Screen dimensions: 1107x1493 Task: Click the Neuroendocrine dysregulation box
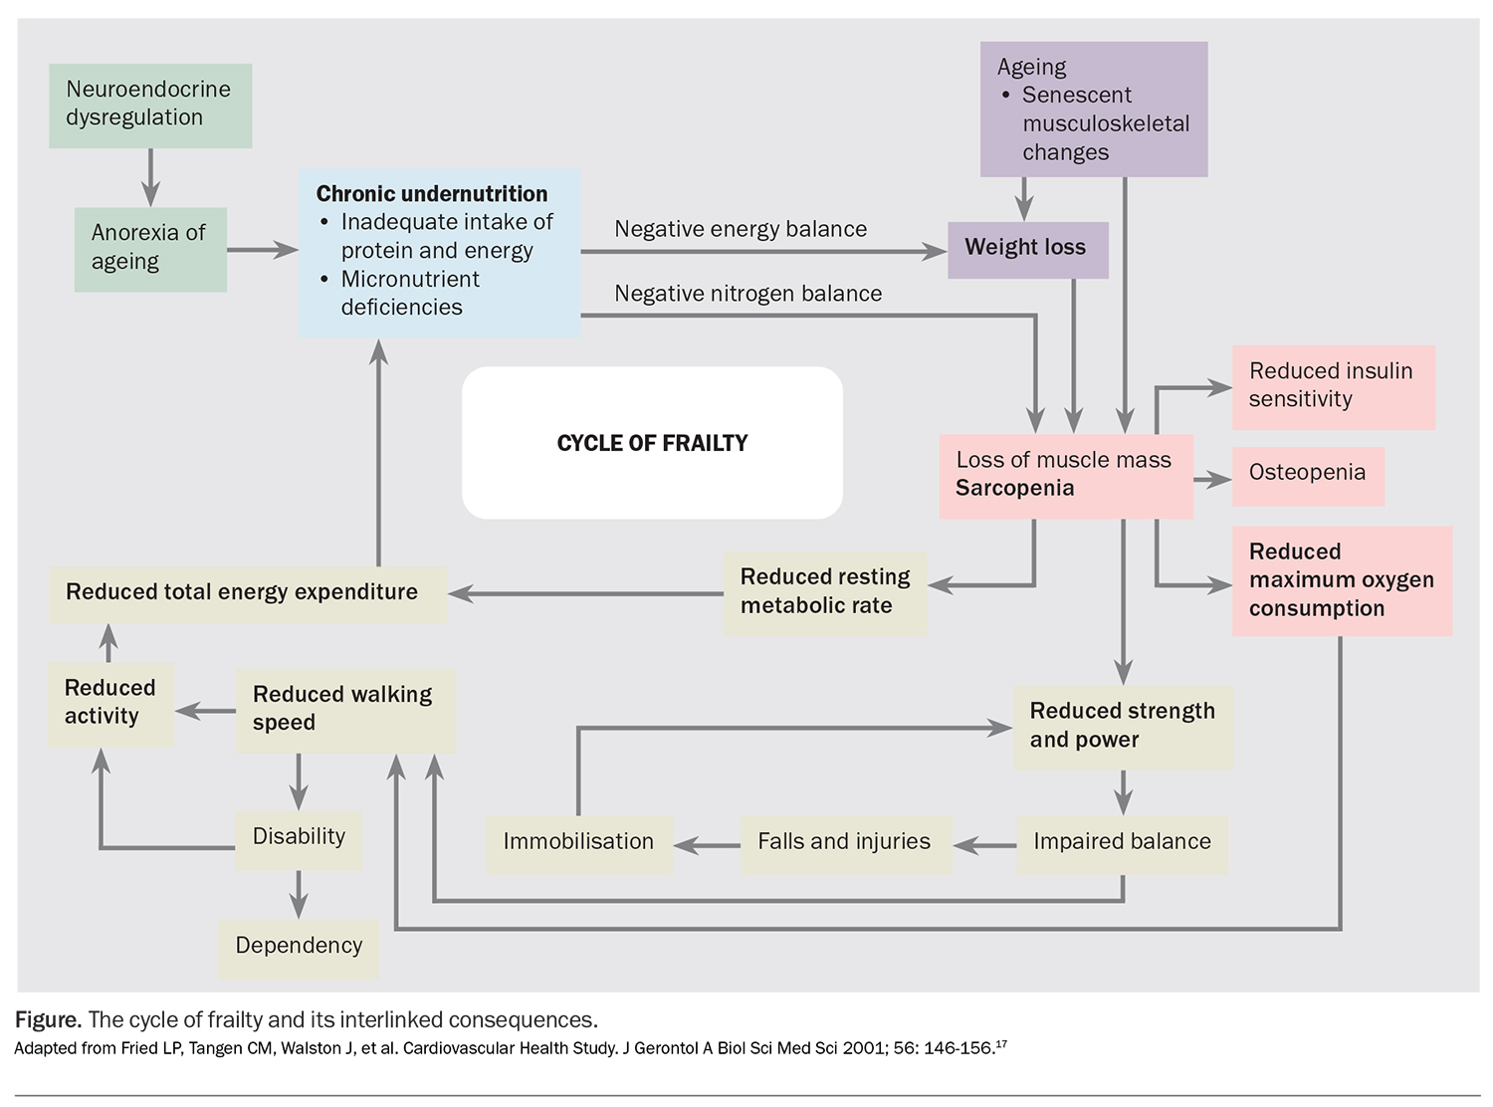pos(149,105)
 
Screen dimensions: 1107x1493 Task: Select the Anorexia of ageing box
pos(149,248)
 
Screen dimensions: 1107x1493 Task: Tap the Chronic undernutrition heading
pos(431,193)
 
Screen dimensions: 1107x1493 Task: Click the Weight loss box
pos(1026,248)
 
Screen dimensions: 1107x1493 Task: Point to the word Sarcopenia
pos(1014,488)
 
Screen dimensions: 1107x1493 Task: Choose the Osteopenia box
pos(1307,474)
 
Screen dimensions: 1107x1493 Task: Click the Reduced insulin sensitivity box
pos(1332,386)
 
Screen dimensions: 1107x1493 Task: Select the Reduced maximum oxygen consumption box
pos(1341,580)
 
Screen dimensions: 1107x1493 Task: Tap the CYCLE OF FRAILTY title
pos(652,443)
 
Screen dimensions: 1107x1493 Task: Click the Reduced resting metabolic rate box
pos(825,592)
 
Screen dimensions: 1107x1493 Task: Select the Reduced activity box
pos(110,703)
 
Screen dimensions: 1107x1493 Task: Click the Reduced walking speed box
pos(344,709)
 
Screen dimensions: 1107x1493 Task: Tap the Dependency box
pos(299,946)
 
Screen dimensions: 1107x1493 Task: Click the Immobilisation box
pos(578,843)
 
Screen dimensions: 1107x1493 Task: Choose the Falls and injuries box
pos(844,843)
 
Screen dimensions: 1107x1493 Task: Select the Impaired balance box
pos(1122,843)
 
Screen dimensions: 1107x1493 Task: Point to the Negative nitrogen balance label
pos(747,294)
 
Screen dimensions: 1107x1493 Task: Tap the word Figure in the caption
pos(47,1020)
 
